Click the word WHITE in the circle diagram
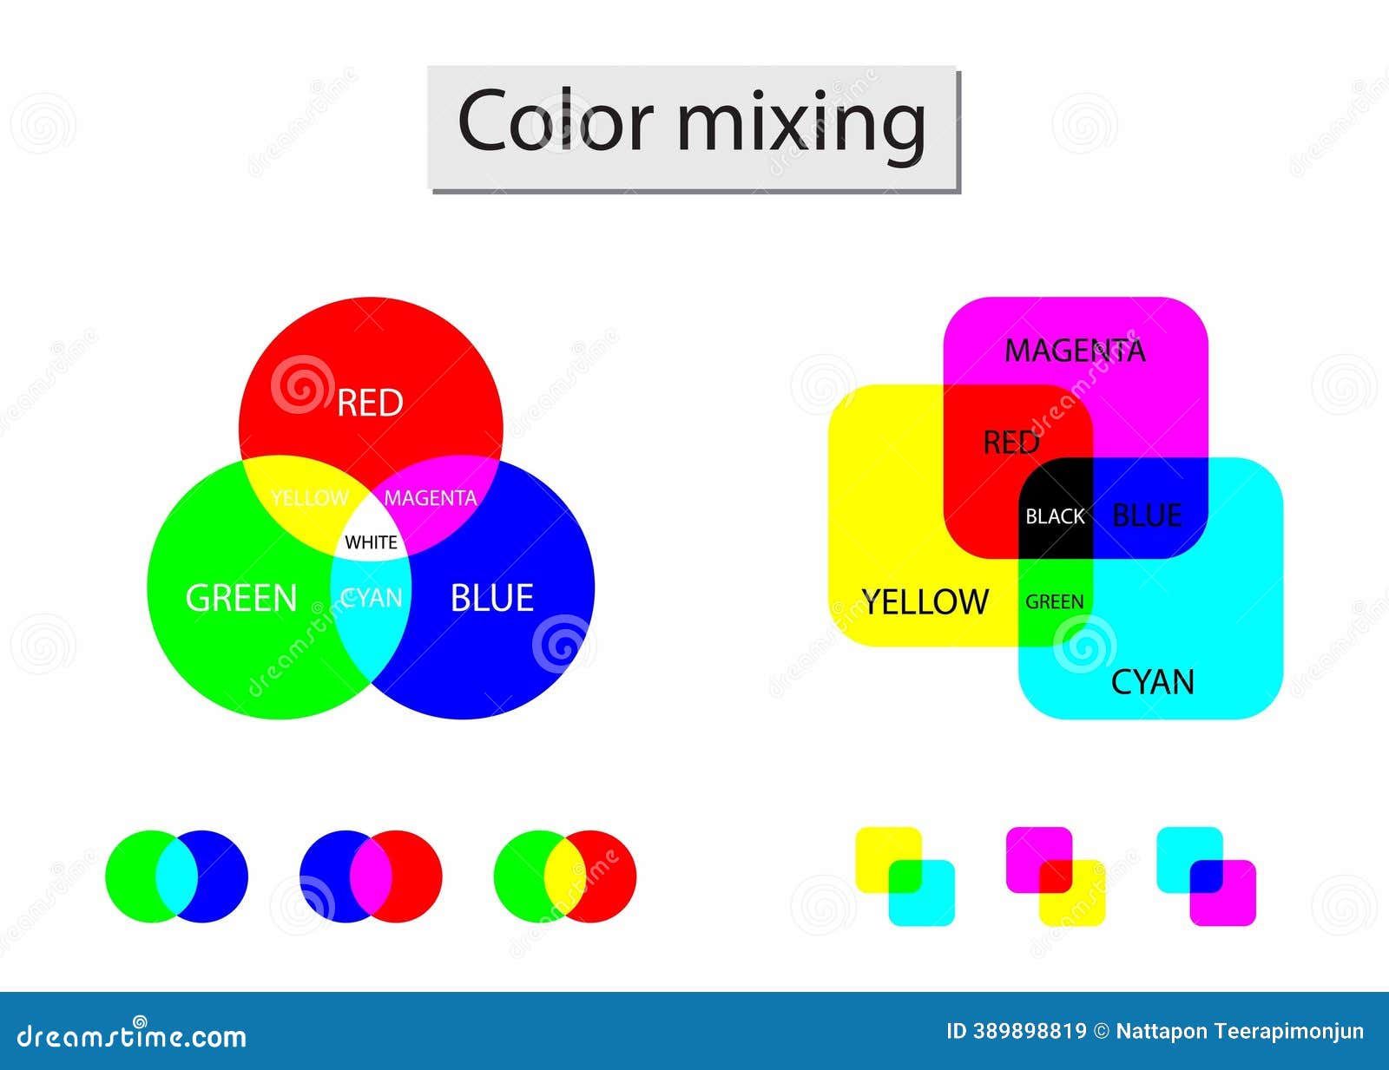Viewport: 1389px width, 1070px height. point(371,542)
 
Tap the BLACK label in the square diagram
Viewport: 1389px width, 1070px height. point(1055,516)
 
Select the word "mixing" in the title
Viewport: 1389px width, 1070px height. point(800,121)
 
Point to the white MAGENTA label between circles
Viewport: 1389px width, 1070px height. point(430,498)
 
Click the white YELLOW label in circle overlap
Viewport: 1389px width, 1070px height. point(309,498)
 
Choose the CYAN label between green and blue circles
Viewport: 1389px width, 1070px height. point(372,597)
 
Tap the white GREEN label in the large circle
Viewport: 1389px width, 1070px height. point(241,598)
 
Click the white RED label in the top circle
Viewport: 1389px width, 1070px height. point(370,403)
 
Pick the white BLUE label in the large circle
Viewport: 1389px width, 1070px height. point(491,598)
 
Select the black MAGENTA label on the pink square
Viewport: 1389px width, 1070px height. point(1075,351)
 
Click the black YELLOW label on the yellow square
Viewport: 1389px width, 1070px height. point(925,601)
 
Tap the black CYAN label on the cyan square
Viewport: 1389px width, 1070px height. point(1152,682)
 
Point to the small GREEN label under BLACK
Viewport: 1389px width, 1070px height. point(1054,601)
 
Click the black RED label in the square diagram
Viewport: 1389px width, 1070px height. point(1010,443)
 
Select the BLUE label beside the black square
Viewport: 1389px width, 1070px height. point(1146,515)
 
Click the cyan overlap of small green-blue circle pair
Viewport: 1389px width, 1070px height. point(176,876)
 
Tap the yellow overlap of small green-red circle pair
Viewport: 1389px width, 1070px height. point(564,876)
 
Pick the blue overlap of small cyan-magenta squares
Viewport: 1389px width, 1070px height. point(1206,876)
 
